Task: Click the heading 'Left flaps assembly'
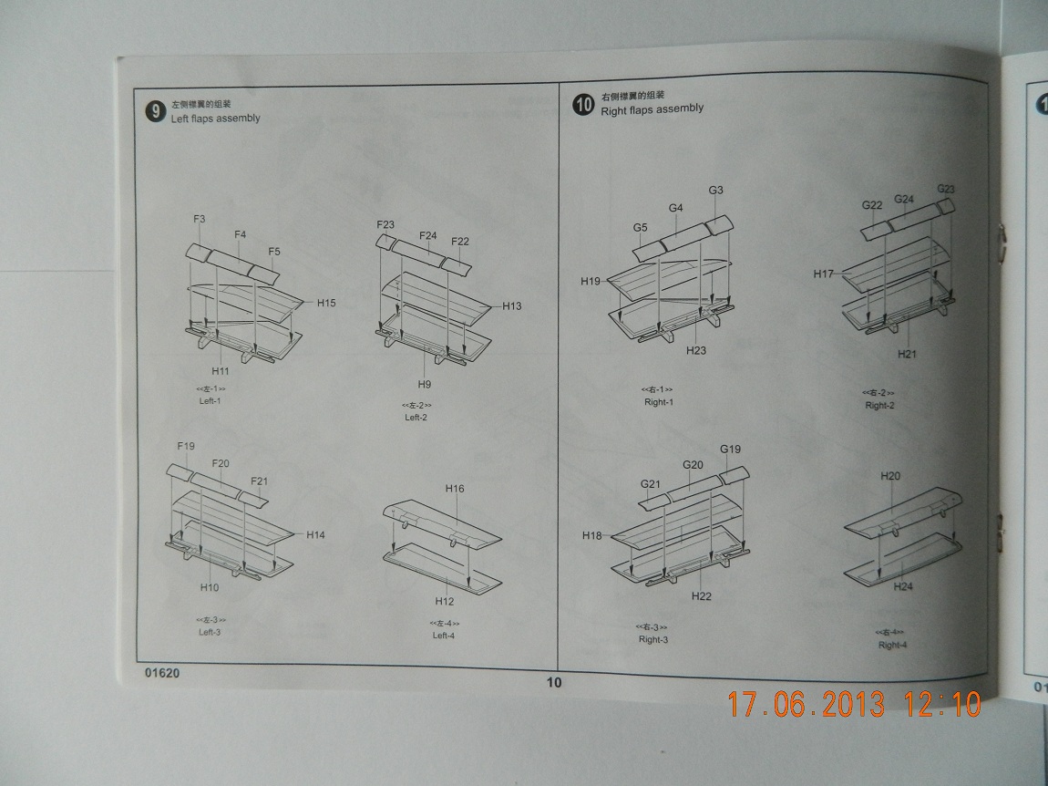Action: coord(215,119)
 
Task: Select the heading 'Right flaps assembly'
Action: coord(652,109)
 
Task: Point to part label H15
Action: coord(326,303)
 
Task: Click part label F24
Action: coord(428,236)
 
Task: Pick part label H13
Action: coord(512,306)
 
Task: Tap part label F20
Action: coord(221,463)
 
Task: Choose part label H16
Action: coord(455,489)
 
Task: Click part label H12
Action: coord(444,601)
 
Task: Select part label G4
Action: coord(675,208)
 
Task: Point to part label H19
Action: coord(591,282)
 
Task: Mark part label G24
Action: coord(904,199)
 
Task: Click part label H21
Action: coord(907,354)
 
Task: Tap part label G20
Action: coord(693,464)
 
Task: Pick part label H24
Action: coord(902,587)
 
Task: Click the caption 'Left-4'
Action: coord(443,636)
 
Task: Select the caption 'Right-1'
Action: coord(658,402)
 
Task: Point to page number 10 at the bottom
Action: coord(554,682)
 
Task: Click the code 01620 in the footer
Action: coord(160,675)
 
